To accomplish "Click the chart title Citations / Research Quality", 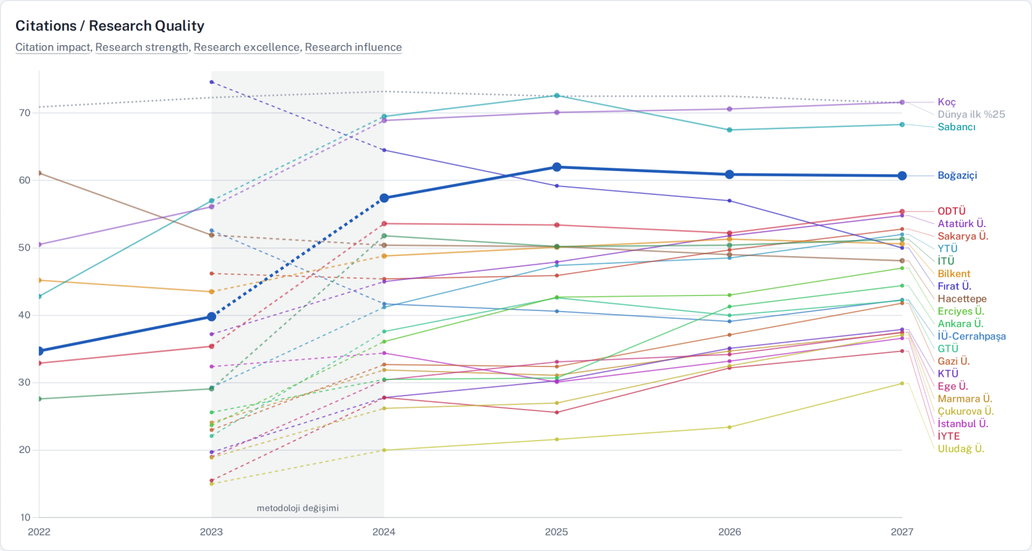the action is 110,26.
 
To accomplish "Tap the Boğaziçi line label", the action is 957,175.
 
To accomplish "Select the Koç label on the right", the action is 947,102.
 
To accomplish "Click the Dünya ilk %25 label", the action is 971,114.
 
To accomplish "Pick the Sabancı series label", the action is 957,126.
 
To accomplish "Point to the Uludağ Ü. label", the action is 960,448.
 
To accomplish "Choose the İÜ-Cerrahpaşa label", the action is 971,336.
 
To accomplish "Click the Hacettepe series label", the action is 962,299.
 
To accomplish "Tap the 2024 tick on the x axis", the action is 384,532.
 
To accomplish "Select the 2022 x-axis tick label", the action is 39,532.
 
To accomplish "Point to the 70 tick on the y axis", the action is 25,113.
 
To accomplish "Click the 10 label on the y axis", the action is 25,517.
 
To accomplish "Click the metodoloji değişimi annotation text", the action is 297,508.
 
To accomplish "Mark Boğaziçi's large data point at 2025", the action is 557,166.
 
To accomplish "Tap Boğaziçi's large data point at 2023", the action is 212,317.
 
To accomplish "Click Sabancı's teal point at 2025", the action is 557,96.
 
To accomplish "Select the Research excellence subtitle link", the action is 246,48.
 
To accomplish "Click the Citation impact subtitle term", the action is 53,48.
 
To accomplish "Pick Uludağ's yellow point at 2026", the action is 729,428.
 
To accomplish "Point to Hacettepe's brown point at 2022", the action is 39,173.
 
